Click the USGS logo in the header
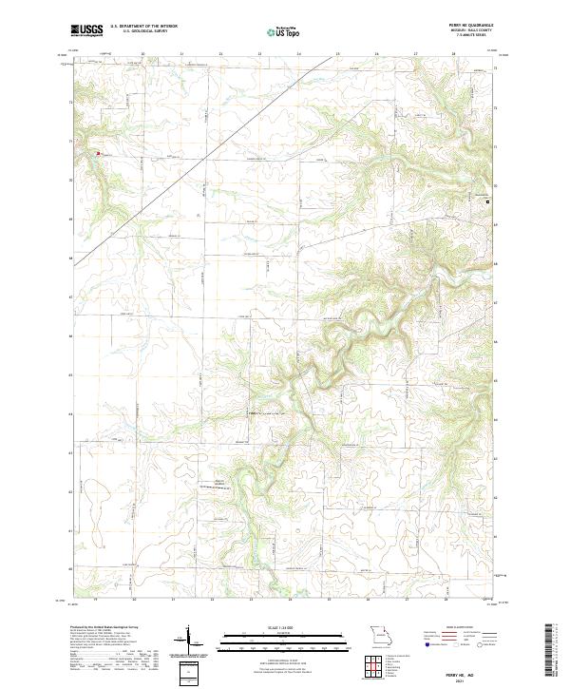point(86,30)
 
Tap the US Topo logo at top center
point(283,31)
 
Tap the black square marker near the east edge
point(489,201)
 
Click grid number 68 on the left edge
point(69,258)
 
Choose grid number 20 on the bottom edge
point(134,600)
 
